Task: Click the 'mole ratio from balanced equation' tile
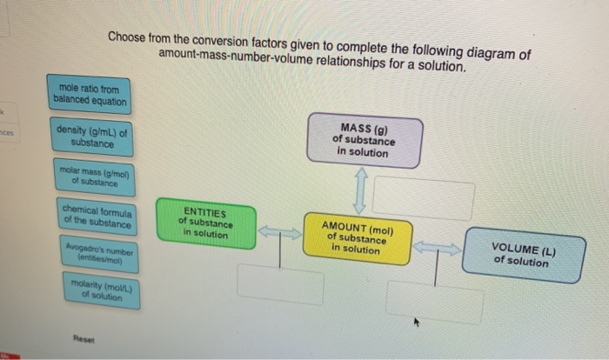click(x=90, y=96)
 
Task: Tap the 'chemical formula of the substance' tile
click(x=97, y=217)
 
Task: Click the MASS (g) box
click(x=364, y=141)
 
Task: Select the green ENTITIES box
click(x=204, y=222)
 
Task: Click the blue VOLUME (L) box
click(x=523, y=254)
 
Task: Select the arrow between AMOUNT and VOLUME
click(x=437, y=249)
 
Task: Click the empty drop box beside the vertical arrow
click(x=424, y=199)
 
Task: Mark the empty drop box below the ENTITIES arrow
click(x=279, y=284)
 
